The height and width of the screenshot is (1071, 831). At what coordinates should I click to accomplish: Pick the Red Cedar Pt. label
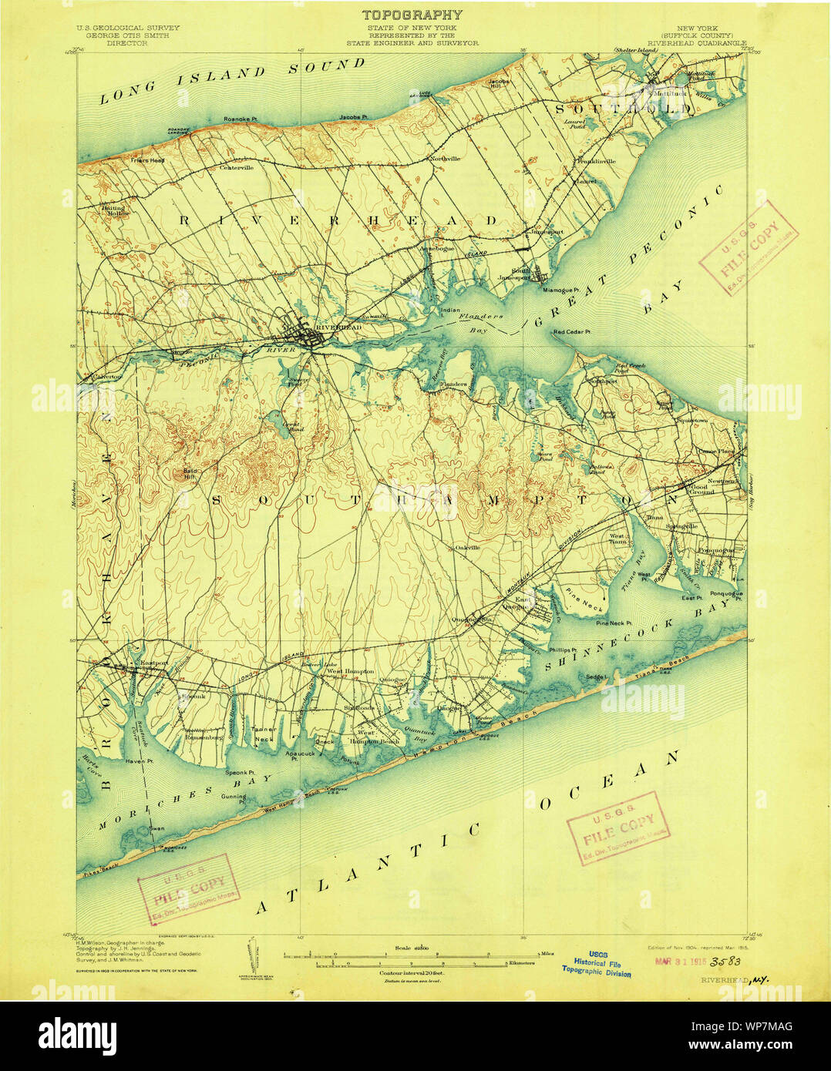[x=571, y=333]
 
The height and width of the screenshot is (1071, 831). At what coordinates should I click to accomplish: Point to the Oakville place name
[x=467, y=548]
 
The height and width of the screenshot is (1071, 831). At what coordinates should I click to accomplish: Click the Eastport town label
[x=149, y=662]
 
